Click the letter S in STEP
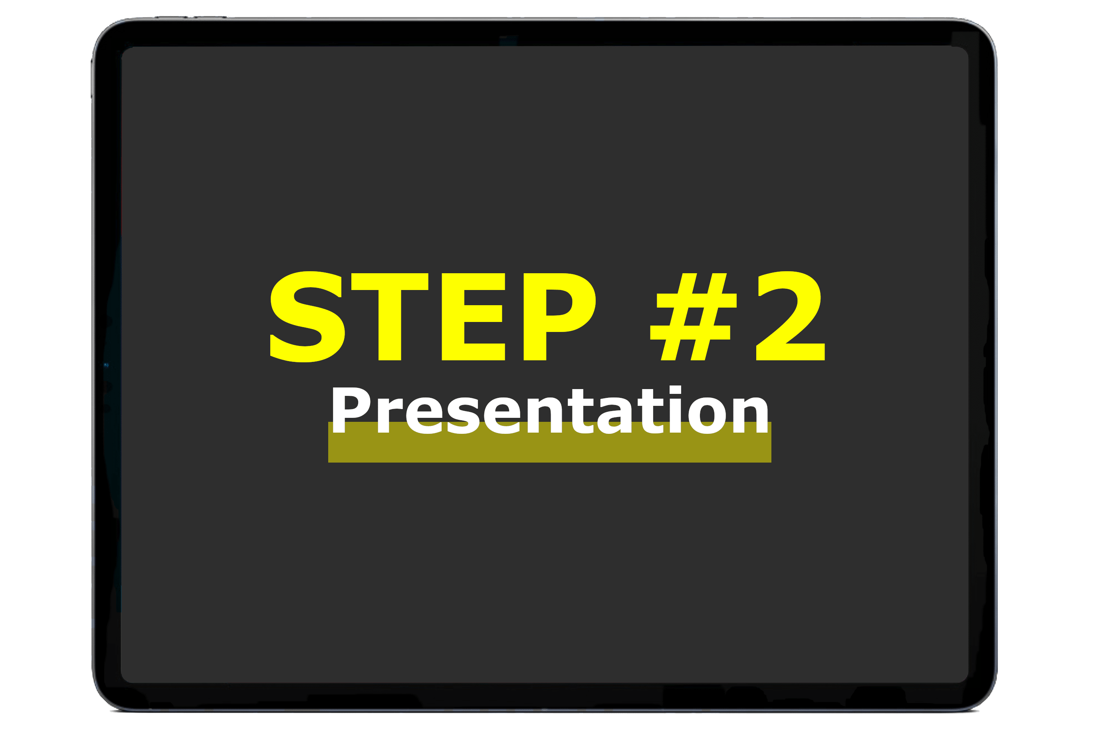[x=307, y=317]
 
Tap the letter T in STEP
[x=390, y=317]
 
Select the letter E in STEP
[x=473, y=317]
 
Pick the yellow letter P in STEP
[x=559, y=317]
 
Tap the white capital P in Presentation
[x=351, y=410]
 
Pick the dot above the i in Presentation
[x=676, y=390]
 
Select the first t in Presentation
[x=581, y=411]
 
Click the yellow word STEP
[x=433, y=317]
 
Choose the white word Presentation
[x=550, y=410]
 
